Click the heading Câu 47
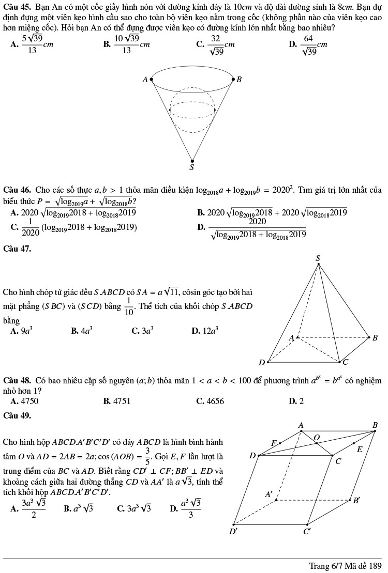17,249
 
